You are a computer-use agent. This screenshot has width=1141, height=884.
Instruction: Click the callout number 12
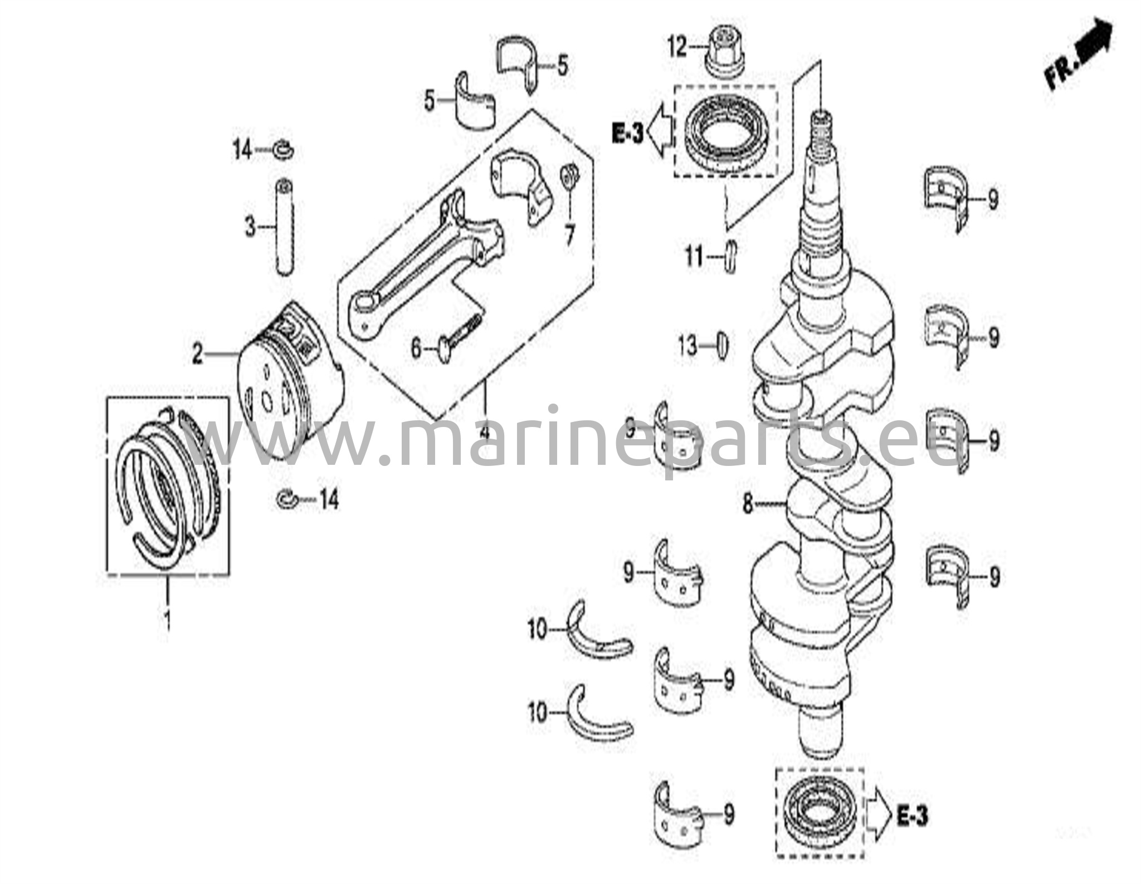678,48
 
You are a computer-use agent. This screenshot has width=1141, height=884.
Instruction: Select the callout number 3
251,227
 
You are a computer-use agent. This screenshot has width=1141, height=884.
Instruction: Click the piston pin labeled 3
285,225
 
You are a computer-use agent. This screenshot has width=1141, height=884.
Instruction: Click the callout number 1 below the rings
166,618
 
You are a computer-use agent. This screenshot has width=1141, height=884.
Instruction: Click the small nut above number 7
569,178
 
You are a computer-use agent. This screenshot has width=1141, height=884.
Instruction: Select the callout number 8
748,504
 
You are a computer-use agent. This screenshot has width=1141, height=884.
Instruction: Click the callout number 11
694,257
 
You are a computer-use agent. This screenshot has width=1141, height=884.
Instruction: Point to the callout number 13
688,346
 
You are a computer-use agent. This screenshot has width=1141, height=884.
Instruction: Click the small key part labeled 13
721,346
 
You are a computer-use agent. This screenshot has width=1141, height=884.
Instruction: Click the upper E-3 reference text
627,134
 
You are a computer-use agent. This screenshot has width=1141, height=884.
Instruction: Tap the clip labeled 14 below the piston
288,499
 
